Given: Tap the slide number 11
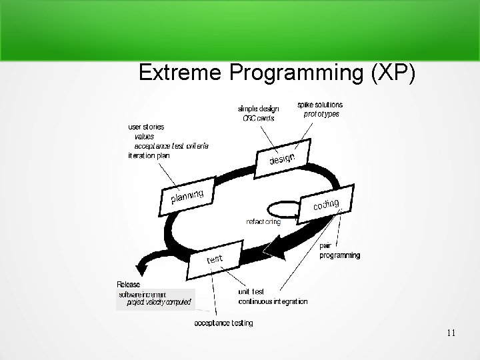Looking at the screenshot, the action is coord(451,333).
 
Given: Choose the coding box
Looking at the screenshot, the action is coord(326,205).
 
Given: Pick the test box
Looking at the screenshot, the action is coord(215,259).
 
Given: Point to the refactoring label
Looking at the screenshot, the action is coord(263,222).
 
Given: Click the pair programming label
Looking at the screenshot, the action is coord(340,251).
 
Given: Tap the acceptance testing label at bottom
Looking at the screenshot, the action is coord(223,323).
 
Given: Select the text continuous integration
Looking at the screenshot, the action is coord(273,301).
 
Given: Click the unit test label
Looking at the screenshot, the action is coord(251,291).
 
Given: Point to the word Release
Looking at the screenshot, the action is coord(129,285).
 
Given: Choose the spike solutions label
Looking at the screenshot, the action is coord(320,105).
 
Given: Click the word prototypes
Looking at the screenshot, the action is coord(321,114).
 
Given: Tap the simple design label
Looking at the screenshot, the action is coord(259,109).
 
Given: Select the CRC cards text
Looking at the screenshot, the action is coord(259,118).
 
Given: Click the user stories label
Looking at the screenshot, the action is coord(146,127).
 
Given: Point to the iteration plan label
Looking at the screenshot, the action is coord(149,155).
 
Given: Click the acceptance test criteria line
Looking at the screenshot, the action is coord(171,145).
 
